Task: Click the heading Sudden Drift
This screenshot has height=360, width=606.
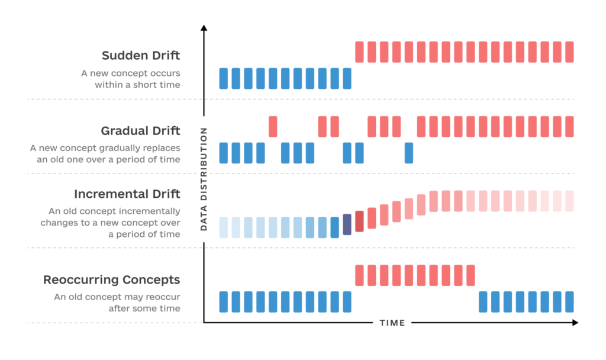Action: tap(141, 56)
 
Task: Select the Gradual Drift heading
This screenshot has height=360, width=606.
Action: tap(140, 130)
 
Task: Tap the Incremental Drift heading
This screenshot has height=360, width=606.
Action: tap(127, 194)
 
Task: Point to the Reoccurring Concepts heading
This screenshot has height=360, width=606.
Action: tap(111, 279)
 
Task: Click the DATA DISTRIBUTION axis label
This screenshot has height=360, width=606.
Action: tap(204, 178)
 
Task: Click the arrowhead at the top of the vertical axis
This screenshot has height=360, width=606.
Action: tap(204, 27)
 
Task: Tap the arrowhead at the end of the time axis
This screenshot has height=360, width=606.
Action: tap(575, 323)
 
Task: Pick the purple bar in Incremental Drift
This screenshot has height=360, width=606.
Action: tap(347, 224)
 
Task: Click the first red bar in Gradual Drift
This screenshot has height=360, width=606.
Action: tap(273, 127)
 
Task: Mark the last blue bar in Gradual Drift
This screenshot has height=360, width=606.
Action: tap(409, 153)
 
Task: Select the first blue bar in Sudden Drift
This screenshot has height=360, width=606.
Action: tap(224, 78)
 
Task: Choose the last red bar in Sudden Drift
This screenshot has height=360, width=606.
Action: tap(569, 52)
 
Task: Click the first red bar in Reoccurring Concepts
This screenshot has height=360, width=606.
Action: tap(359, 275)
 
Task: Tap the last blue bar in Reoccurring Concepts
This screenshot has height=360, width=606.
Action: tap(569, 301)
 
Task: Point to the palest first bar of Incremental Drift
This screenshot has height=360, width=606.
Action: tap(224, 227)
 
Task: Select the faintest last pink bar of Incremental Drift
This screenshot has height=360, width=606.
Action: tap(569, 201)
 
